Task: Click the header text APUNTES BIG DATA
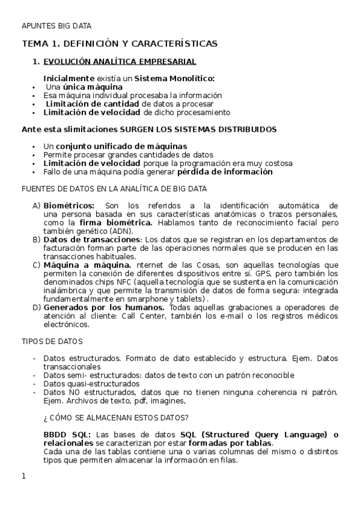[56, 25]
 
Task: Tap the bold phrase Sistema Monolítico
[174, 78]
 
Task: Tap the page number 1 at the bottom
[23, 476]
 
